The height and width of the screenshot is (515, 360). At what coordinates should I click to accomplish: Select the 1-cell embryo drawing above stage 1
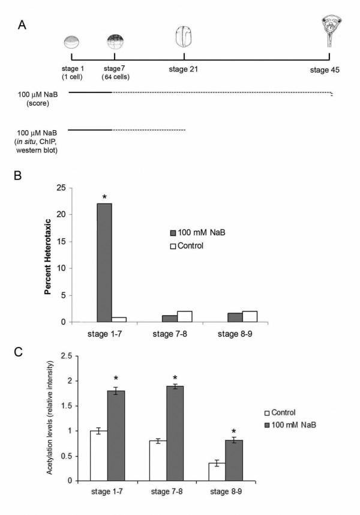72,42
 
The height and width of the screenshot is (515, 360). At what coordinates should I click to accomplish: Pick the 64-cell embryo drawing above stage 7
115,41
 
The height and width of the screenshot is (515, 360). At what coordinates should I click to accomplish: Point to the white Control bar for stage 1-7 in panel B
119,319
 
